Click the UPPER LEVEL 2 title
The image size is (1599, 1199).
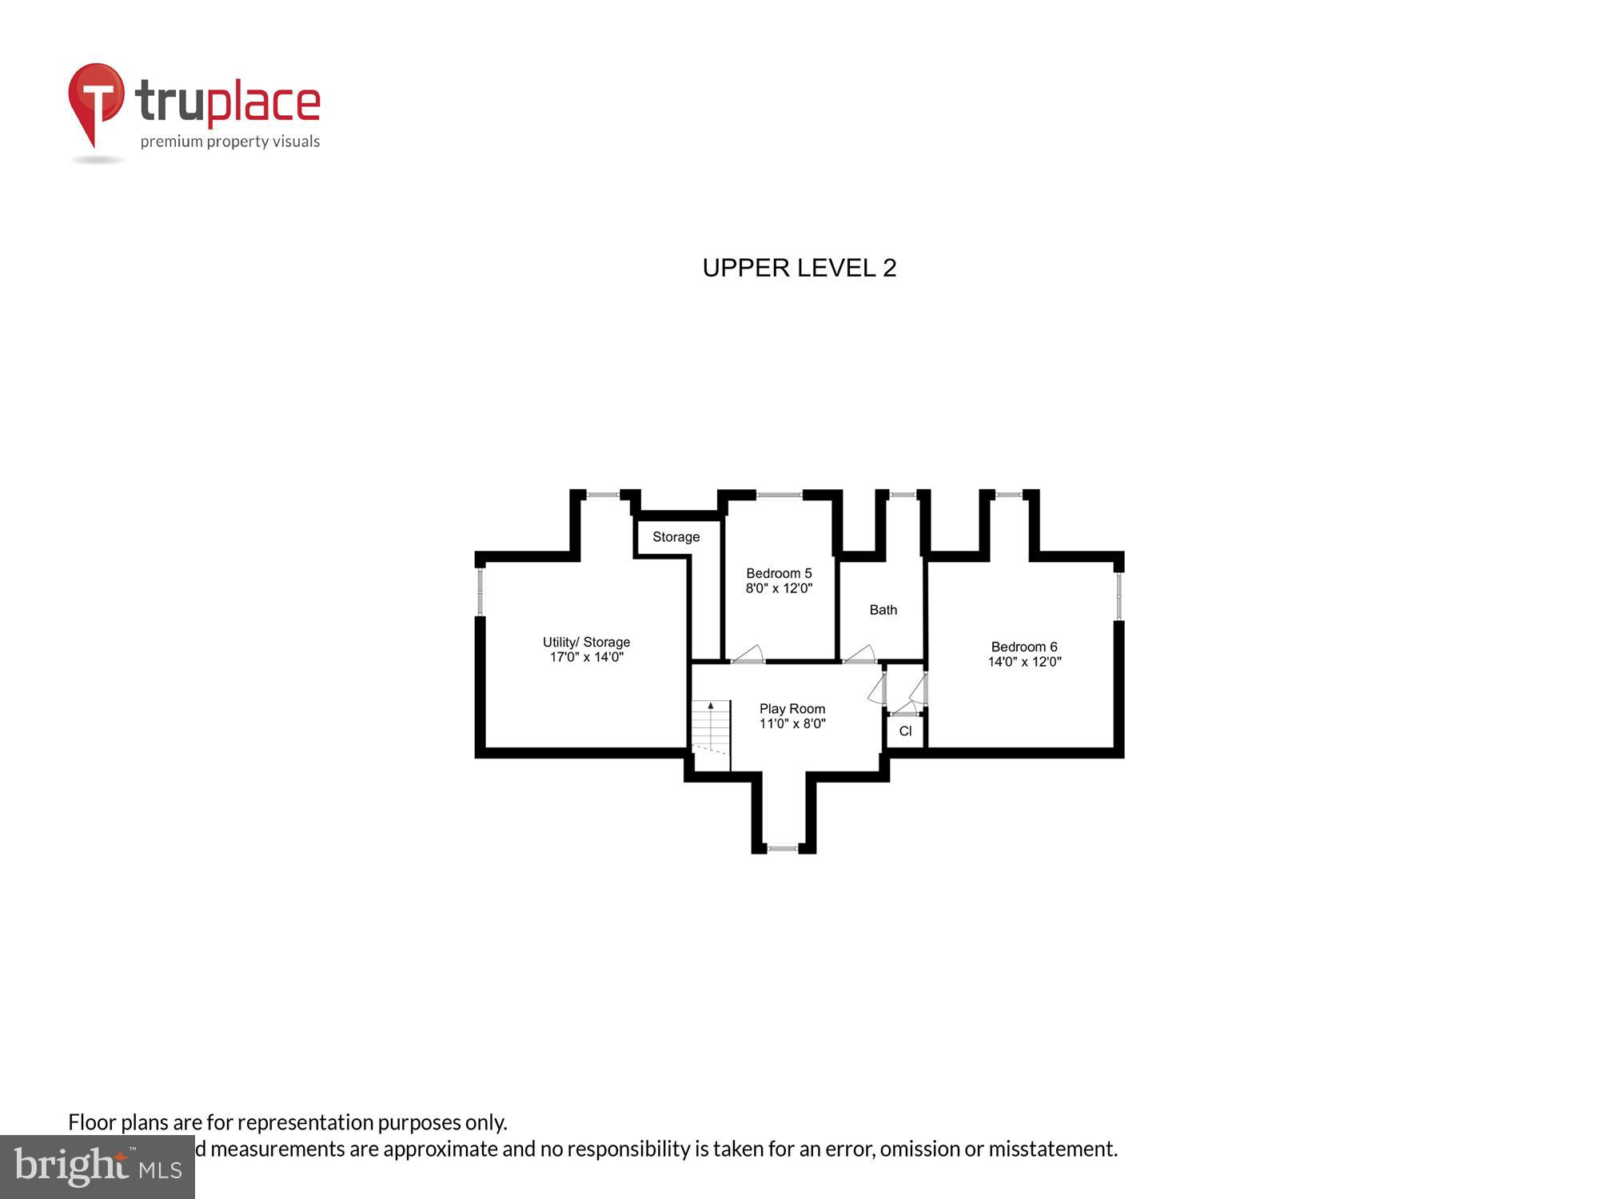(x=799, y=268)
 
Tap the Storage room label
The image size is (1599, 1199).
(x=676, y=537)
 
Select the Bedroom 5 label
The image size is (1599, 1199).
(x=779, y=573)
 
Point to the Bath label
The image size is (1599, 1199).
(x=883, y=610)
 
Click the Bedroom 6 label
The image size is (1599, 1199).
(x=1023, y=647)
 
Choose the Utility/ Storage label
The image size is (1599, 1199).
(x=586, y=642)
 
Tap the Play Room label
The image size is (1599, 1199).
(x=792, y=709)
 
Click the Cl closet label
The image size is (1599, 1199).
(x=905, y=731)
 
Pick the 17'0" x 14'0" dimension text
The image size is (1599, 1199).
(x=586, y=657)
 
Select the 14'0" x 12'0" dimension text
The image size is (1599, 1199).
(x=1024, y=662)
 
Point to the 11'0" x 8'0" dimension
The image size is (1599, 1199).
(x=792, y=724)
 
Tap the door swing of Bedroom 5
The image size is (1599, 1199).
(x=749, y=655)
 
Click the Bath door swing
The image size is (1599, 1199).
(x=860, y=655)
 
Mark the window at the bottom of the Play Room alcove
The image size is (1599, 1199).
(x=783, y=847)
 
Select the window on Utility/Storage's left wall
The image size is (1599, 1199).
(x=480, y=592)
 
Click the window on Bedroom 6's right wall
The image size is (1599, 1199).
(x=1119, y=596)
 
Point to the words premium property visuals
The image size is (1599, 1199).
(x=230, y=142)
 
